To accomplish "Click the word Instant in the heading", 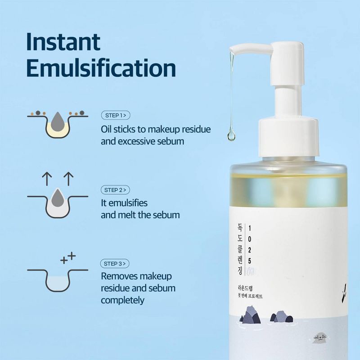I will click(x=63, y=41).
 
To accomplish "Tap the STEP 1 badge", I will click(x=116, y=116).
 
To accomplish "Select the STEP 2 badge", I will click(x=116, y=189).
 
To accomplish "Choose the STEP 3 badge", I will click(x=116, y=263).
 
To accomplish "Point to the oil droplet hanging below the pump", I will click(x=231, y=134).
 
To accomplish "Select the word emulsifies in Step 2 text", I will click(x=124, y=203).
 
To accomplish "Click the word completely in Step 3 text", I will click(x=122, y=300).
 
